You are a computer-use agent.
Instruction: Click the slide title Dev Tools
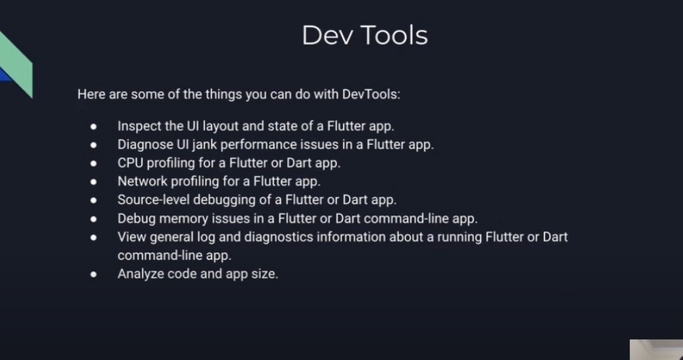[365, 35]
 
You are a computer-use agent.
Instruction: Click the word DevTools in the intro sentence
[371, 94]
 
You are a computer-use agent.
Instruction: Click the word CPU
[130, 163]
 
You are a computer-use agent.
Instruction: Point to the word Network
[143, 181]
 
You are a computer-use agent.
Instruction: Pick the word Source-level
[154, 200]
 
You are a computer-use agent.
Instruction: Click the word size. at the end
[265, 274]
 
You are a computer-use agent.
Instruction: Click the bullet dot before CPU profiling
[94, 163]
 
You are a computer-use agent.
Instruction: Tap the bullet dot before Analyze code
[94, 274]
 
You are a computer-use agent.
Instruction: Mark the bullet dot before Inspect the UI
[94, 126]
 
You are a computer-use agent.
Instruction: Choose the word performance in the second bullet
[257, 145]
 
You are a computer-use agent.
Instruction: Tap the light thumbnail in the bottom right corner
[657, 350]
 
